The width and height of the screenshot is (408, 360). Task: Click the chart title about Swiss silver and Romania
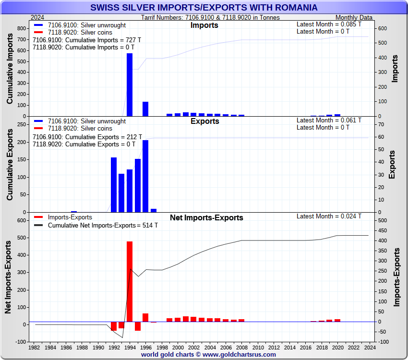coord(204,8)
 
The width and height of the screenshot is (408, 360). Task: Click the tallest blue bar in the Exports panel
coord(145,176)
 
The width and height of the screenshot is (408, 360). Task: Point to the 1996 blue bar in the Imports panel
coord(145,109)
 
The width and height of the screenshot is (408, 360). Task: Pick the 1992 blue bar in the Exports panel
coord(114,185)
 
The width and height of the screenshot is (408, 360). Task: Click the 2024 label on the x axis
coord(369,347)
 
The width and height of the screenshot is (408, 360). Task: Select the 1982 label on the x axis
coord(35,347)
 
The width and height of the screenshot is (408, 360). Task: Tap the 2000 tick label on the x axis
coord(178,347)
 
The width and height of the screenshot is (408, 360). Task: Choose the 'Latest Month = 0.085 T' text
coord(329,24)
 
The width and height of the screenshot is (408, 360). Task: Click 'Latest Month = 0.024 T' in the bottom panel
coord(329,216)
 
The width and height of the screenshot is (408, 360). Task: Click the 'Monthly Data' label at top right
coord(354,17)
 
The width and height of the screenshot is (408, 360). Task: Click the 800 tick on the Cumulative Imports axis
coord(22,28)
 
